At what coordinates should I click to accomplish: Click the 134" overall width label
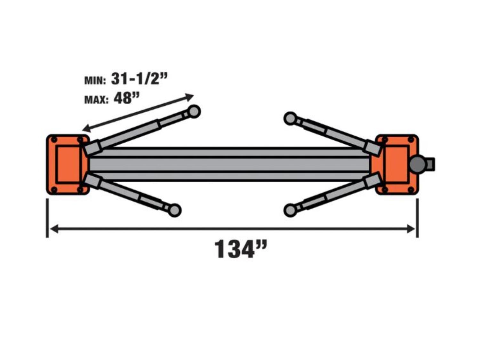coord(241,250)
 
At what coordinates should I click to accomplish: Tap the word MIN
coord(95,81)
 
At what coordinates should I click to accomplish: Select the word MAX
coord(96,100)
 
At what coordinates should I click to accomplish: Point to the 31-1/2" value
coord(139,78)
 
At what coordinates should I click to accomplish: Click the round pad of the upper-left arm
coord(194,111)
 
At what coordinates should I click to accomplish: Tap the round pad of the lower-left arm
coord(175,210)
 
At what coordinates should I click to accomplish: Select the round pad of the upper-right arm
coord(290,119)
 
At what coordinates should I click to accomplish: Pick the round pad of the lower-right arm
coord(290,210)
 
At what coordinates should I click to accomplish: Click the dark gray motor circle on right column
coord(418,164)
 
